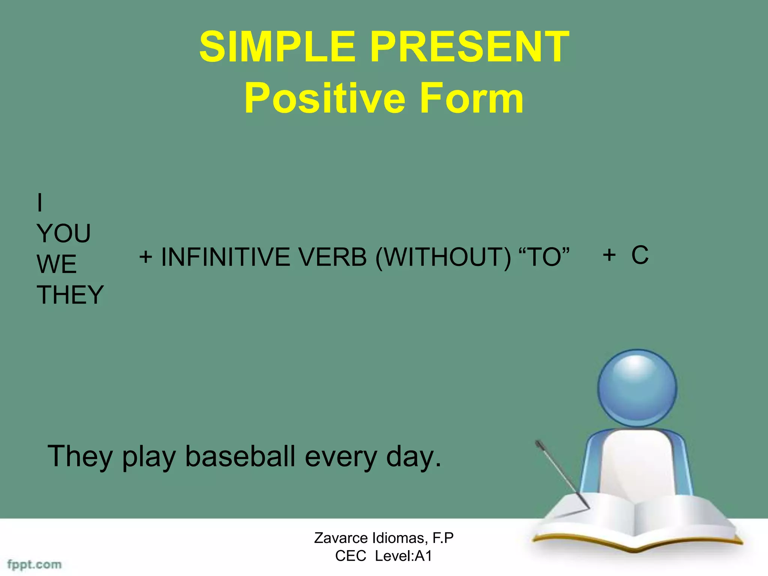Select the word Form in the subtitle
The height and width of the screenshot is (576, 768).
click(471, 98)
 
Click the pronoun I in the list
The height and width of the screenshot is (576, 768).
click(40, 203)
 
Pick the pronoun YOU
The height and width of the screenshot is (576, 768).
click(64, 234)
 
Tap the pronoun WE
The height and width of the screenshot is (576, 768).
click(57, 264)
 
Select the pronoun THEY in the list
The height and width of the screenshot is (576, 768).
click(70, 295)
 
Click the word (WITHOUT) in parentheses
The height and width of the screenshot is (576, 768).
click(443, 257)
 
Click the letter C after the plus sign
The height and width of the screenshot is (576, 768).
click(640, 255)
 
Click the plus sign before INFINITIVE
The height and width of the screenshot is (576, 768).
click(145, 257)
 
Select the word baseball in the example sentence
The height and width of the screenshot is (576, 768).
click(240, 456)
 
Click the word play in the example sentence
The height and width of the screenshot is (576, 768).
click(149, 457)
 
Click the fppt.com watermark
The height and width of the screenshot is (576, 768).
click(34, 564)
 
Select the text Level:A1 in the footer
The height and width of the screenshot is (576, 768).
click(403, 556)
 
